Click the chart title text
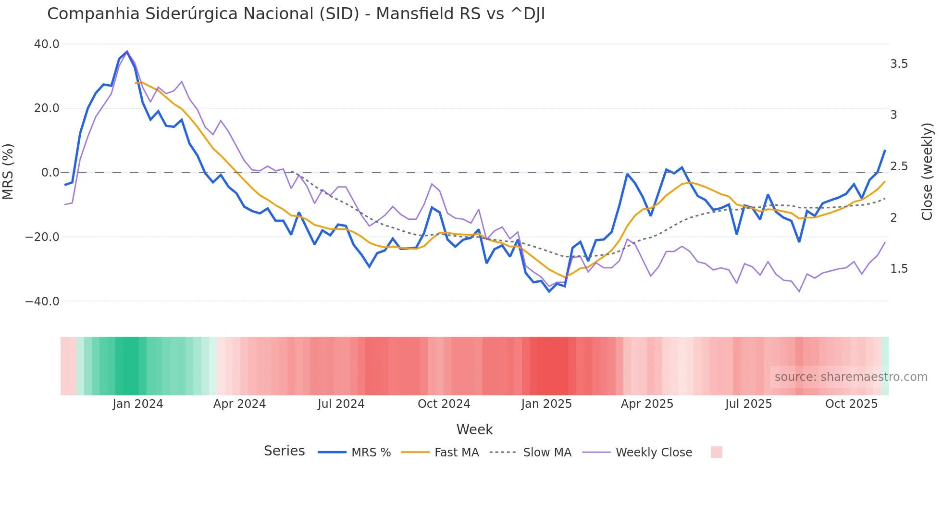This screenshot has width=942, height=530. tap(296, 14)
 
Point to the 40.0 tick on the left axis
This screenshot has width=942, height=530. tap(47, 44)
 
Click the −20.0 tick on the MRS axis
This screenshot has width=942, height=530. tap(42, 237)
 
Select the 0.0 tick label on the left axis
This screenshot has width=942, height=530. tap(50, 173)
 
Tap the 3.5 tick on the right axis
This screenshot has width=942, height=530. tap(899, 64)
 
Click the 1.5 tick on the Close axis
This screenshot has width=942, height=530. tap(899, 269)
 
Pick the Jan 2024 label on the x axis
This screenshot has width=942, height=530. tap(138, 404)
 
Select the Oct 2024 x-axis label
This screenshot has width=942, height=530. tap(444, 404)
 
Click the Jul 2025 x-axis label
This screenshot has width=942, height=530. tap(748, 404)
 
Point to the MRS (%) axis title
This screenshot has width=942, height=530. tap(8, 172)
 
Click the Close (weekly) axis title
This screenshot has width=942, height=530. tap(927, 172)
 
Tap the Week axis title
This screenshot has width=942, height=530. tap(474, 429)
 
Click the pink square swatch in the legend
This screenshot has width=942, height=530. tap(716, 452)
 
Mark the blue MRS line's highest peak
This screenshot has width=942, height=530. tap(127, 51)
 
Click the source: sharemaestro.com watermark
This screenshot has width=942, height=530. tap(851, 377)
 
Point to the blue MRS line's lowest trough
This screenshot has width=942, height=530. tap(549, 291)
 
